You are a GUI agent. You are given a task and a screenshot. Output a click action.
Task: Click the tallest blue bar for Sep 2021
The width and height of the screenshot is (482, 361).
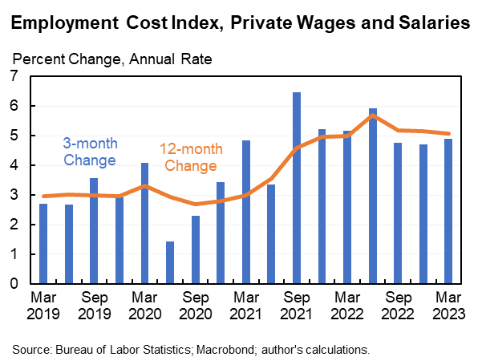pos(297,188)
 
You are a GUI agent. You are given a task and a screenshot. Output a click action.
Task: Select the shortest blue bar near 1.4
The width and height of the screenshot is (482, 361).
pos(170,262)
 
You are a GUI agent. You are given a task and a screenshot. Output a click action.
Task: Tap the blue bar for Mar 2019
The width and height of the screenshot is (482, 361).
pos(43,243)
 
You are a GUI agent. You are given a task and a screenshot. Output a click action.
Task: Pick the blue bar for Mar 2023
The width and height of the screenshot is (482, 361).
pos(449,211)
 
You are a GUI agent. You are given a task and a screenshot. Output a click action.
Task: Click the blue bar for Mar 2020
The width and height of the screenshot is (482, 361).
pos(144,223)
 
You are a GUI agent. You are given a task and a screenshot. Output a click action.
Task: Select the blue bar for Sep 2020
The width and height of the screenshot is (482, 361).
pos(195,249)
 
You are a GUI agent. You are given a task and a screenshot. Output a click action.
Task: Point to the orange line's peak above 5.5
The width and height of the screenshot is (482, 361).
pos(373,116)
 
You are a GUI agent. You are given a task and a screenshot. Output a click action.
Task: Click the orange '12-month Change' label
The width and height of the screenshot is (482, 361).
pos(190,157)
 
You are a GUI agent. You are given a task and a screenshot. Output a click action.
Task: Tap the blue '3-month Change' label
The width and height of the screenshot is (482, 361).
pos(89,152)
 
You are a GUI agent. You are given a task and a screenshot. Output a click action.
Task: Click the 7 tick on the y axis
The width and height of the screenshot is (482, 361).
pos(14,76)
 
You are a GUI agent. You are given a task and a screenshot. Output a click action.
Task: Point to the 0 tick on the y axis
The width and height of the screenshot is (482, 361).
pos(14,284)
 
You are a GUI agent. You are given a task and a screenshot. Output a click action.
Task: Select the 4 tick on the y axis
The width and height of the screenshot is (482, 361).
pos(14,165)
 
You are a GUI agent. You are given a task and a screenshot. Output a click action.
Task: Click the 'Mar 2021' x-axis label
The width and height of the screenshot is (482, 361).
pos(245,304)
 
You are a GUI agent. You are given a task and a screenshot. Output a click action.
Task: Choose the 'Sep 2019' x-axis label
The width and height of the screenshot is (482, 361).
pos(94,304)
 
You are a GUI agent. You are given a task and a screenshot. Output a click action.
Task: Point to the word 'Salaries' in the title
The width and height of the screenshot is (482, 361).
pos(431,25)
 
